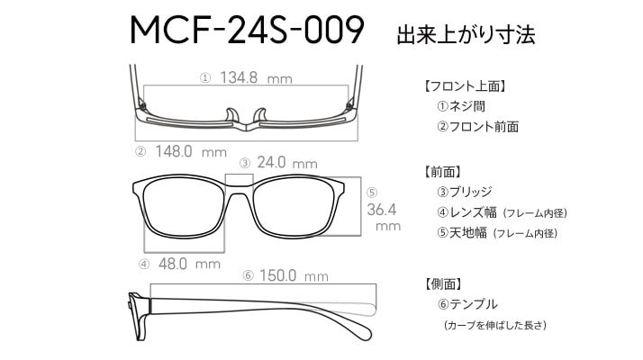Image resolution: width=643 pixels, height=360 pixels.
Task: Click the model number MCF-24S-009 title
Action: click(x=247, y=30)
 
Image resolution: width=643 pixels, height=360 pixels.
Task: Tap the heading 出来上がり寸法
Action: click(x=466, y=35)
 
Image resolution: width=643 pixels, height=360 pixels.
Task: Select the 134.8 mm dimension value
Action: click(x=256, y=77)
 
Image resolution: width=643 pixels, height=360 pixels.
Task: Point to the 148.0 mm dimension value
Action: click(x=191, y=152)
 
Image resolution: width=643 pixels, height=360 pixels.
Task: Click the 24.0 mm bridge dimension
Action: click(x=287, y=163)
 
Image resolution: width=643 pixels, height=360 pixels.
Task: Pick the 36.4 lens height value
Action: click(x=382, y=210)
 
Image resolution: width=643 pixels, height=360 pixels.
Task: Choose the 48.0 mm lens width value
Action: click(x=189, y=264)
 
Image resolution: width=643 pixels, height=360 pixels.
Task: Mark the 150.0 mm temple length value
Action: click(x=294, y=275)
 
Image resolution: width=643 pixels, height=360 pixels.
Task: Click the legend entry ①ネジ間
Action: click(x=461, y=106)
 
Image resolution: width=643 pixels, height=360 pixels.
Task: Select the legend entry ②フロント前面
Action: click(x=477, y=127)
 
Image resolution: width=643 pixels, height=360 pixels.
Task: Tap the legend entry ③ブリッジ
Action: click(x=464, y=192)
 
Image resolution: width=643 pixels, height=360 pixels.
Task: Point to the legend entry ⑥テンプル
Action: click(x=467, y=304)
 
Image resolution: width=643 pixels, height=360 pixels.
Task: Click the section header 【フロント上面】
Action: click(x=464, y=86)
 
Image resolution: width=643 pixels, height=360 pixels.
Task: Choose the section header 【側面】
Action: click(x=444, y=283)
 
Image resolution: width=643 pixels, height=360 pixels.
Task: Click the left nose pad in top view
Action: click(x=232, y=115)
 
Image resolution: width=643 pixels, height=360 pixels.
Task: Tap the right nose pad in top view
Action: click(x=259, y=115)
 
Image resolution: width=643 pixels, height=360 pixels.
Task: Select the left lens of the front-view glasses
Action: click(x=184, y=208)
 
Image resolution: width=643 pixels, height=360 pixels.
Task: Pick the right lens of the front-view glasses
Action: click(x=294, y=208)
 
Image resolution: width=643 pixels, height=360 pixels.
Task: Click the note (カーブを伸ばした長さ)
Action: click(x=495, y=326)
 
